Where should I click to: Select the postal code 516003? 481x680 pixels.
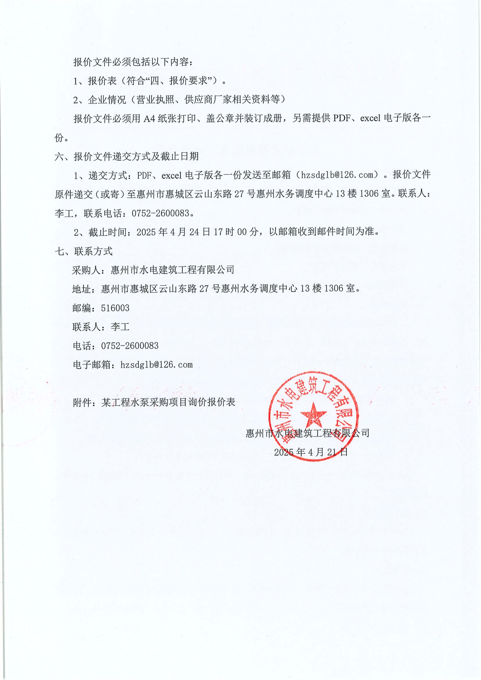coord(115,308)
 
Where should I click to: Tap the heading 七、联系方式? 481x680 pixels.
coord(84,251)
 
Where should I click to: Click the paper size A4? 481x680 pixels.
coord(150,118)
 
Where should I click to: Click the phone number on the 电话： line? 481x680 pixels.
coord(130,346)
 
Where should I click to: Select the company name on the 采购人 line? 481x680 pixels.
coord(172,270)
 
